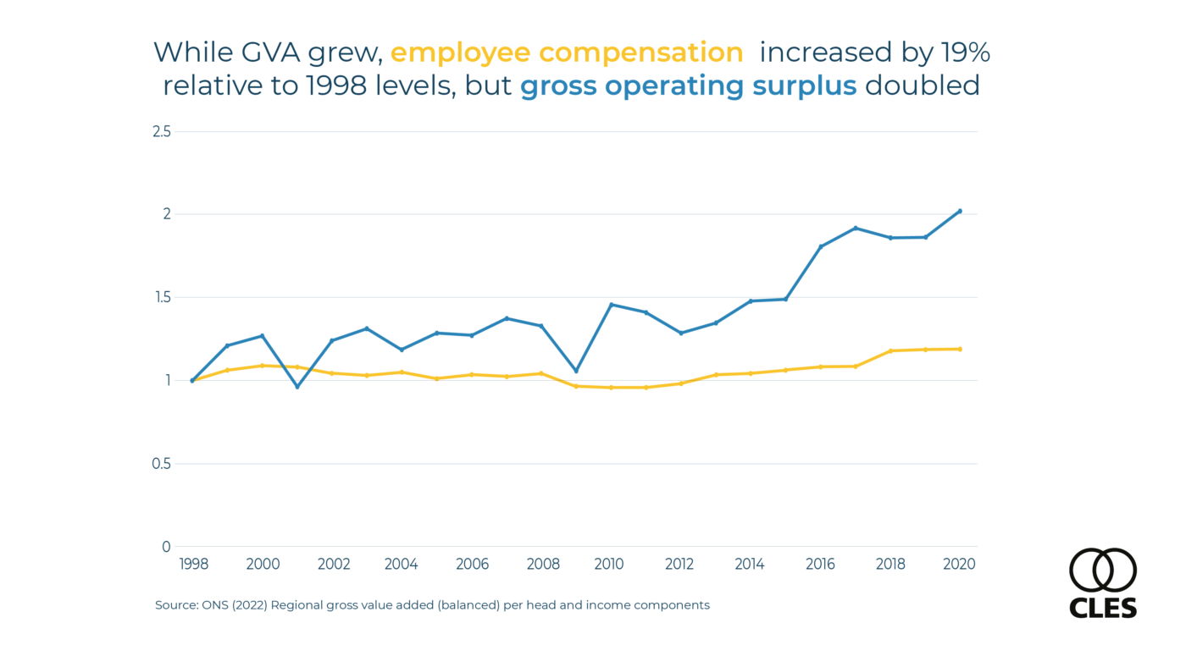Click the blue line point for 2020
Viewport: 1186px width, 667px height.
[x=960, y=211]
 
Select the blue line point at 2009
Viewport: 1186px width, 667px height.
[x=576, y=371]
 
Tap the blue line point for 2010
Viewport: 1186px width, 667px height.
[x=611, y=305]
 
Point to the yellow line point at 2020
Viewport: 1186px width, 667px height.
[x=960, y=349]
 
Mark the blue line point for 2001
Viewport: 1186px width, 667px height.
[x=297, y=387]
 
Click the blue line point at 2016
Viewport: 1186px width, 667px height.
[x=820, y=246]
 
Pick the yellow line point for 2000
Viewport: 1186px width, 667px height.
[x=263, y=366]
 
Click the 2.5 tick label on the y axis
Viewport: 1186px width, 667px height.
[x=161, y=131]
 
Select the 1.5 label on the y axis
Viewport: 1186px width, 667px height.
[x=161, y=297]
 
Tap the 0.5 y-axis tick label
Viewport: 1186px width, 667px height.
[x=161, y=464]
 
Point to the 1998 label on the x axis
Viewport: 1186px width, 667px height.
[x=193, y=565]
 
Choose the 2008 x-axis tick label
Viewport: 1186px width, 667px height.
[x=542, y=565]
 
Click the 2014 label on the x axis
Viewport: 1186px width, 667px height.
[x=750, y=565]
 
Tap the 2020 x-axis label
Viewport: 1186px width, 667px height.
[x=959, y=565]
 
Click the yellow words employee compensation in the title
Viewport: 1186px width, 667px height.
[x=567, y=52]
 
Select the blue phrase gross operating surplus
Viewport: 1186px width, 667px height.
[x=688, y=85]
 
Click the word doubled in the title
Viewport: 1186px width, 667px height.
[x=923, y=85]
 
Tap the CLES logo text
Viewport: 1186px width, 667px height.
[x=1103, y=608]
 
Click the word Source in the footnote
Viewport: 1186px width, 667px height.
[x=175, y=605]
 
